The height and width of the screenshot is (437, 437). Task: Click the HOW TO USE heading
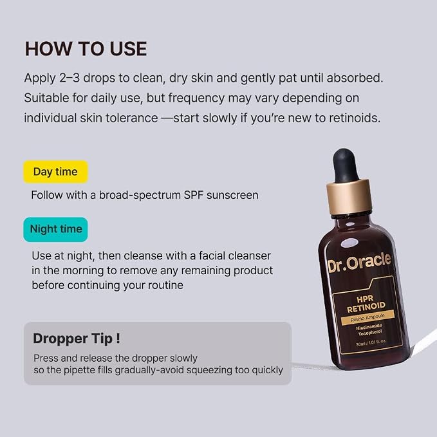tap(86, 49)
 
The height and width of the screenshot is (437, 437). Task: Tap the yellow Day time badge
tap(55, 172)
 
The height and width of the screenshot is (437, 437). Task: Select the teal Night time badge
tap(55, 229)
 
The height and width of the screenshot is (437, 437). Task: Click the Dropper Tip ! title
tap(77, 339)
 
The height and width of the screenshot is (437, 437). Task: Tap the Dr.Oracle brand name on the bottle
tap(360, 262)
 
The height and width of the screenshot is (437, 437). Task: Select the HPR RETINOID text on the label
tap(366, 304)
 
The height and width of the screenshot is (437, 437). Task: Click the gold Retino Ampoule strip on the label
tap(367, 318)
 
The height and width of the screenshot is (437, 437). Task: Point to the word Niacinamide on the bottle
tap(369, 327)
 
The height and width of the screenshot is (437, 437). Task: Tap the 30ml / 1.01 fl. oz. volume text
tap(371, 342)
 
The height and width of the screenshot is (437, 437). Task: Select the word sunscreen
tap(232, 196)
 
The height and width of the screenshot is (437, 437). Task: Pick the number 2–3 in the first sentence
tap(70, 78)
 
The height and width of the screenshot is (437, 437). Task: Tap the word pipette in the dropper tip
tap(80, 371)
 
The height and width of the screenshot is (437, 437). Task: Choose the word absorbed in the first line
tap(355, 78)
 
